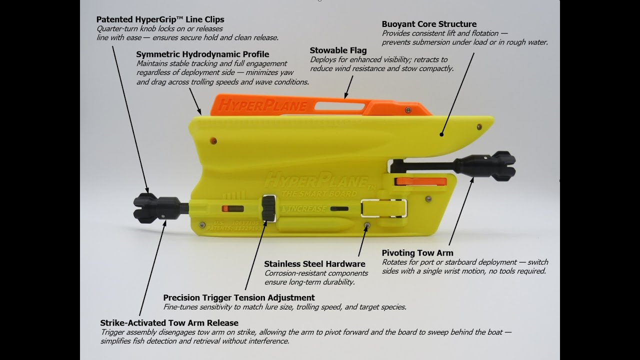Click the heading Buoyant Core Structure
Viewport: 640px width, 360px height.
[x=429, y=24]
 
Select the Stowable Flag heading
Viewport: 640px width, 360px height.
[x=338, y=50]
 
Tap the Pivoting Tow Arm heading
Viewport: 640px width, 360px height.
[x=417, y=253]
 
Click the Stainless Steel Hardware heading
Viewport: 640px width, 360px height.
[x=314, y=264]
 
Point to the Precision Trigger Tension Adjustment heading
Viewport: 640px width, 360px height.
[x=239, y=298]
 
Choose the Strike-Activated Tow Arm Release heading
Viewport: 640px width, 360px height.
[x=169, y=323]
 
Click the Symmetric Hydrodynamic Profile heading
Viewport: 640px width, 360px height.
[x=202, y=54]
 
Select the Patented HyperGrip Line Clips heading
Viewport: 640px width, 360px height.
[x=160, y=19]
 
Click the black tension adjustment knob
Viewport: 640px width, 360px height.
[x=268, y=207]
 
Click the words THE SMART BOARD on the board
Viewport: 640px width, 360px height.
[x=319, y=194]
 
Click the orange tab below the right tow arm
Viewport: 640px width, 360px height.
[x=420, y=181]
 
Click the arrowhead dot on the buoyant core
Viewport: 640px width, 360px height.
[x=441, y=134]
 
